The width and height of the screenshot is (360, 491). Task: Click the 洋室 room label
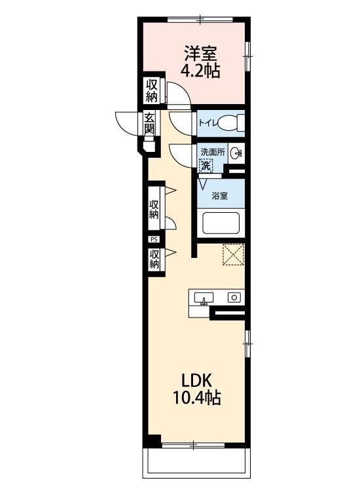(x=200, y=54)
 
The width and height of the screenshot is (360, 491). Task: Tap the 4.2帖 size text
(x=200, y=71)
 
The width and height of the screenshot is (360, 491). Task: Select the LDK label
(x=197, y=380)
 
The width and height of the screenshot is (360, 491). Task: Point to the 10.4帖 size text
(x=197, y=397)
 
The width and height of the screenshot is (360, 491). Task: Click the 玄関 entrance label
(x=149, y=123)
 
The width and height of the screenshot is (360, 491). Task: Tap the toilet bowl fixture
(x=231, y=123)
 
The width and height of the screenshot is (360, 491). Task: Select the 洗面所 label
(x=213, y=153)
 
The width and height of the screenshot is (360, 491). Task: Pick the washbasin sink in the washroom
(x=236, y=153)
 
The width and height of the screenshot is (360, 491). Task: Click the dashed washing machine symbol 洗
(x=206, y=166)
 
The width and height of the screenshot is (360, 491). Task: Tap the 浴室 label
(x=220, y=196)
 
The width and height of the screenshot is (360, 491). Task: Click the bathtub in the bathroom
(x=221, y=223)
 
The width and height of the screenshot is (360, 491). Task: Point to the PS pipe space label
(x=154, y=239)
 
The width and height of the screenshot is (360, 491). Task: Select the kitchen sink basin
(x=204, y=298)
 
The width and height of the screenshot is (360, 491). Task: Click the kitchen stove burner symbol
(x=234, y=297)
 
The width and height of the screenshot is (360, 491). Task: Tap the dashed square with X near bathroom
(x=234, y=255)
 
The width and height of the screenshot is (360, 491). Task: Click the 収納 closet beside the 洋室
(x=152, y=90)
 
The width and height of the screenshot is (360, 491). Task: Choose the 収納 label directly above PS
(x=154, y=209)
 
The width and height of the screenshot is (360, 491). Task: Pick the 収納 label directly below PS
(x=154, y=259)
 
